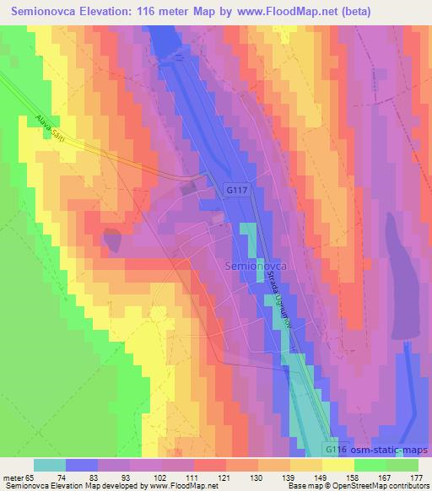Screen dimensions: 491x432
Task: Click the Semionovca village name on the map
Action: coord(257,265)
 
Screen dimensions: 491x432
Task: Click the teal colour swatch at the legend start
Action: coord(49,465)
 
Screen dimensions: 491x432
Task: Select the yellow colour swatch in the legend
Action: coord(338,465)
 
